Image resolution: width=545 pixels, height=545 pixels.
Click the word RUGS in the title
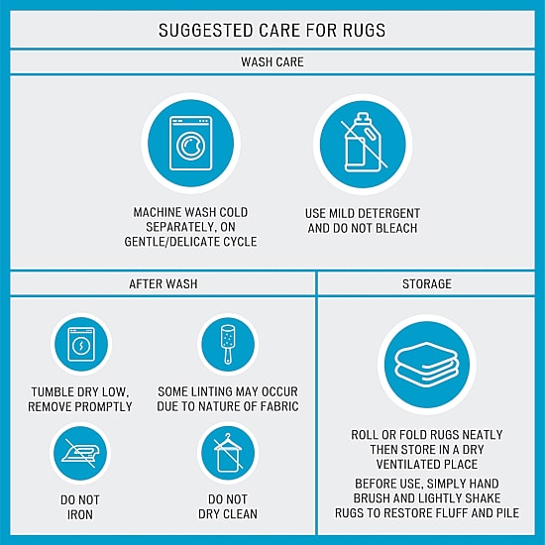pyautogui.click(x=365, y=31)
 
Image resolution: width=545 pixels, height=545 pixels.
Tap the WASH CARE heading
pyautogui.click(x=272, y=62)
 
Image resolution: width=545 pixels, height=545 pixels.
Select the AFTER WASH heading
pyautogui.click(x=163, y=284)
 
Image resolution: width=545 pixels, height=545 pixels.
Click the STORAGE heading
pyautogui.click(x=427, y=284)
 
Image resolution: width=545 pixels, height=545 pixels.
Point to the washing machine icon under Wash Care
pyautogui.click(x=191, y=144)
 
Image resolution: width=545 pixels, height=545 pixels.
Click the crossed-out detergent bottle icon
pyautogui.click(x=363, y=143)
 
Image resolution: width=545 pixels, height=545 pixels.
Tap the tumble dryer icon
pyautogui.click(x=81, y=345)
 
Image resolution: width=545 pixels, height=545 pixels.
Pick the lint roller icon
pyautogui.click(x=228, y=344)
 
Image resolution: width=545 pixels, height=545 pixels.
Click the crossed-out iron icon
pyautogui.click(x=80, y=454)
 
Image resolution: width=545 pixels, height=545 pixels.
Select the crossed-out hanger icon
pyautogui.click(x=228, y=453)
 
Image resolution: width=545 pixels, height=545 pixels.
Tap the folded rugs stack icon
pyautogui.click(x=427, y=365)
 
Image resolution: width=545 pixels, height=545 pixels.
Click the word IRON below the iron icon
pyautogui.click(x=80, y=514)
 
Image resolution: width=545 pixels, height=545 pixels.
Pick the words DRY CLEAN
pyautogui.click(x=228, y=514)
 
